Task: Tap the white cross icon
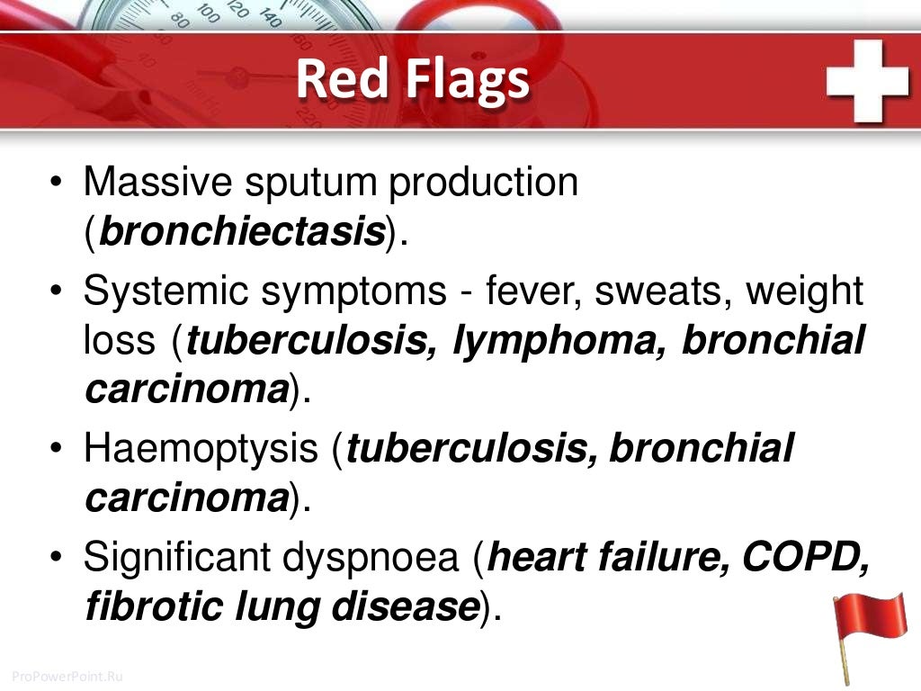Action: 868,81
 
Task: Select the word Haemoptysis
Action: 200,449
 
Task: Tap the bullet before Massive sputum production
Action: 56,184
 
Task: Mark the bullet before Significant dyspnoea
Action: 56,558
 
